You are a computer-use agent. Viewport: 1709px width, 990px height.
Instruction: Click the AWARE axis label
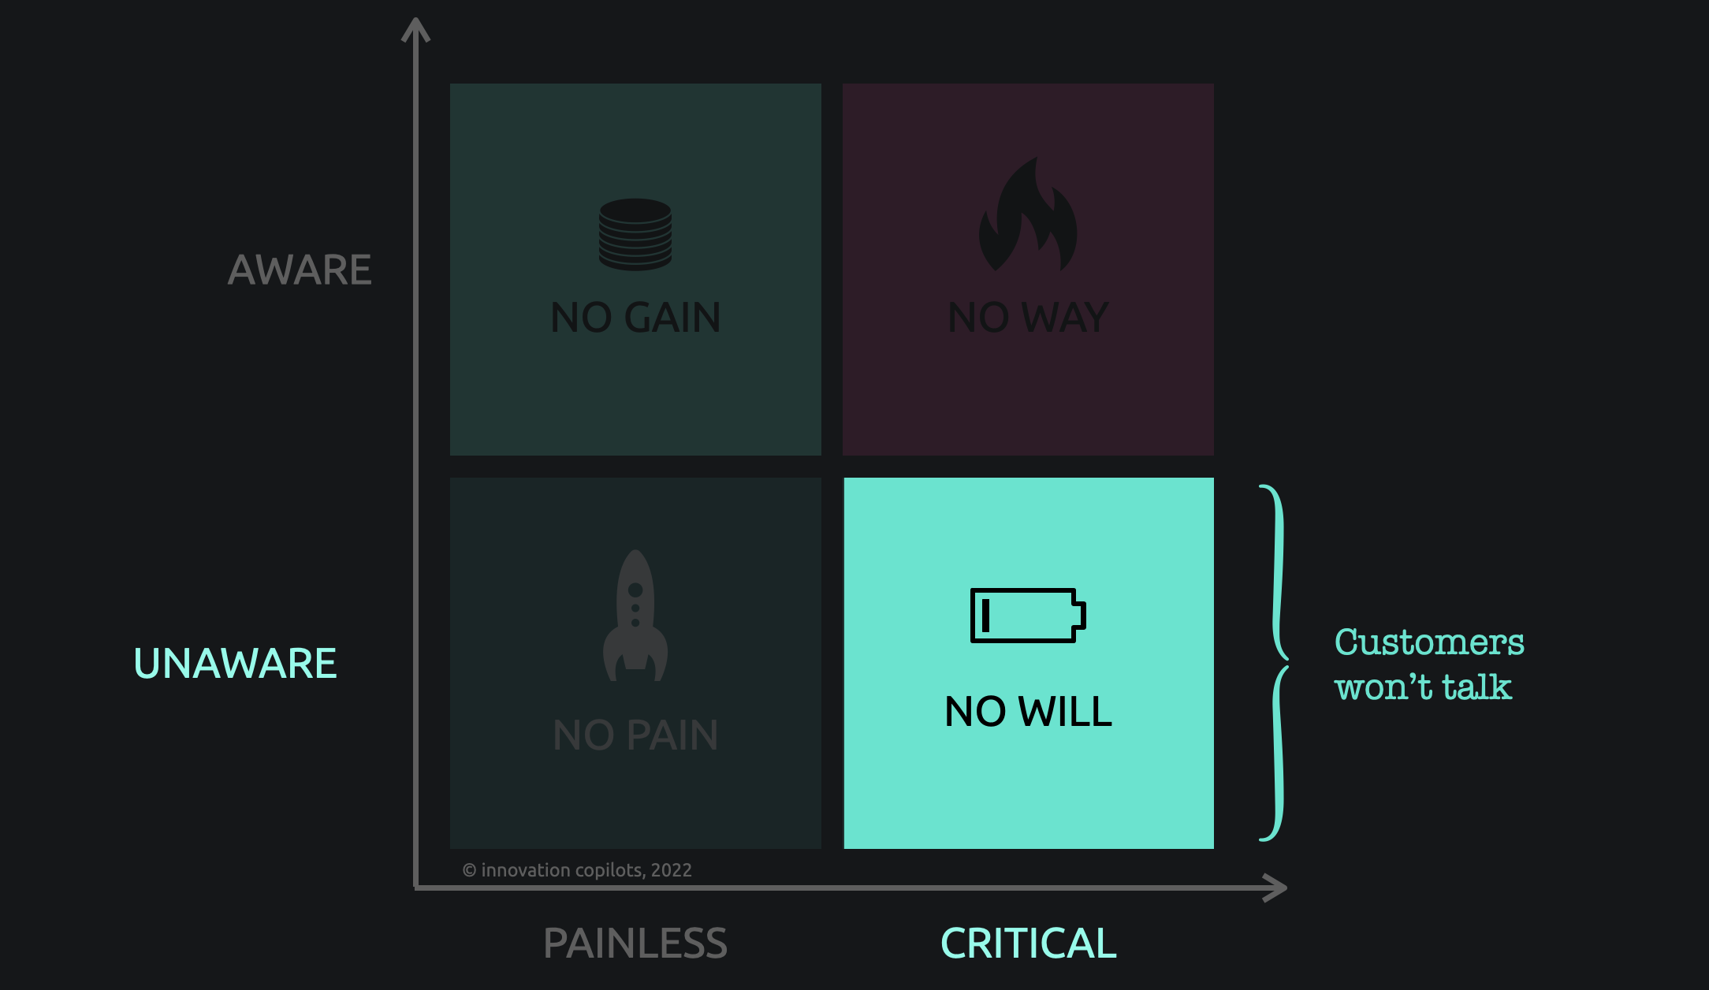300,270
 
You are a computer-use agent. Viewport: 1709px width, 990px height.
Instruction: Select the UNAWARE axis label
235,663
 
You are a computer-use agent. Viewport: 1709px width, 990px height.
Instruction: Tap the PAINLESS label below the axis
635,943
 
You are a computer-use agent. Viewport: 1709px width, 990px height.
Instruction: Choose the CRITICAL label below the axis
1029,943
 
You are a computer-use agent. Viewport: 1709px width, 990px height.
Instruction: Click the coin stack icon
635,234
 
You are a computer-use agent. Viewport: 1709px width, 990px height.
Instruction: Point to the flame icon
1028,214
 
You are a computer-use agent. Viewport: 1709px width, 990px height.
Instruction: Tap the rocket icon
635,616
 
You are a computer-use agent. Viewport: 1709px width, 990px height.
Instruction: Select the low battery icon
1028,616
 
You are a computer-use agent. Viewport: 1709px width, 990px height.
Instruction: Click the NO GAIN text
635,318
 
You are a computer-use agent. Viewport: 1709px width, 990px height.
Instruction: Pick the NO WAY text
1028,318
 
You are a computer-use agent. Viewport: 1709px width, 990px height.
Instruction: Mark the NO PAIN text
635,735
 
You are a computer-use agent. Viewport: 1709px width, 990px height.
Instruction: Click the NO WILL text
1028,711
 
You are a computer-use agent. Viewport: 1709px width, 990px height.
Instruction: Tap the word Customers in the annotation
1429,642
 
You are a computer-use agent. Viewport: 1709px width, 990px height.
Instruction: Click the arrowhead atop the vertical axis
415,30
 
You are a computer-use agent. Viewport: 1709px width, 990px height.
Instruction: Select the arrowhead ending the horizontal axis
1275,888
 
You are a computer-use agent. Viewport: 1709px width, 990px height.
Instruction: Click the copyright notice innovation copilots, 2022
577,870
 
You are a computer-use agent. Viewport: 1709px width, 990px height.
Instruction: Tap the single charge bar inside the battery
985,616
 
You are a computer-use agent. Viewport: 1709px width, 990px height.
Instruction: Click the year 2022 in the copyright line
672,870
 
